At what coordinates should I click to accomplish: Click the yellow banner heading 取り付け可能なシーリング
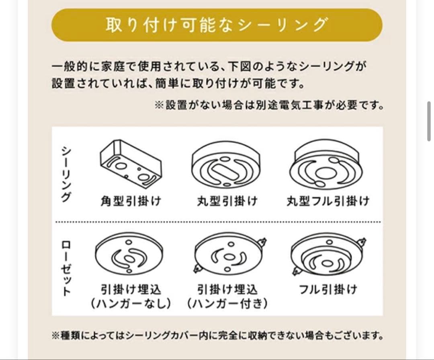217,25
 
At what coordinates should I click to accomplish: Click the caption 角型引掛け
130,201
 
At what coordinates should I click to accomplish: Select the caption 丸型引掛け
227,201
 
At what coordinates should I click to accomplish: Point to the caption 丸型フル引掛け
328,201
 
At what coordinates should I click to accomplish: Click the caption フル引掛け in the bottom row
328,289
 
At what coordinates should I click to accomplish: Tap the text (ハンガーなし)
130,304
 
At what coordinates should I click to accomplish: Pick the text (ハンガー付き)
227,304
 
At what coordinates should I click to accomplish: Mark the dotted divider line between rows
217,222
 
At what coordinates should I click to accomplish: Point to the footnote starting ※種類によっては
217,335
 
